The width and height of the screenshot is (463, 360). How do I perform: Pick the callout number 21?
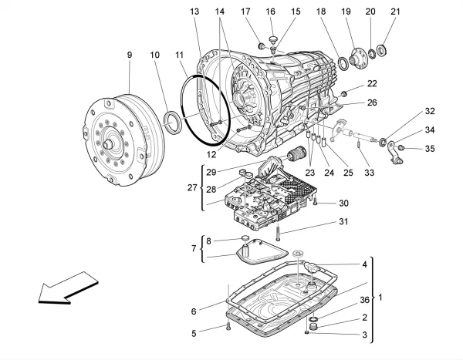point(396,12)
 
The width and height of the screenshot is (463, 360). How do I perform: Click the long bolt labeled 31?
point(279,230)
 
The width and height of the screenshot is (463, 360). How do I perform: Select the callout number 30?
point(344,204)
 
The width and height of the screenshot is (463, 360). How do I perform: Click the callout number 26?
point(372,103)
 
